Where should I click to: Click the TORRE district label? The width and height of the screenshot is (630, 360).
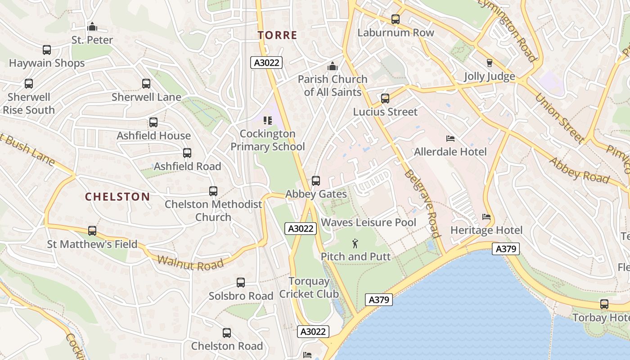click(x=277, y=35)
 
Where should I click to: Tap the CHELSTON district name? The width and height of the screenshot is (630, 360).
click(x=117, y=197)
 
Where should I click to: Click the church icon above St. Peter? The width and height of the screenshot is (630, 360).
click(x=92, y=27)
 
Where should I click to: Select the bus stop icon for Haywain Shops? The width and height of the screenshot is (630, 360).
click(x=47, y=50)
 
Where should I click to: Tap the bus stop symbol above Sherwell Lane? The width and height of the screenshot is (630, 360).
click(x=146, y=84)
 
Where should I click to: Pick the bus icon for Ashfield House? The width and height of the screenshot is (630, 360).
click(x=153, y=122)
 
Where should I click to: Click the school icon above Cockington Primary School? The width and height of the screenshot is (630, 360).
click(x=268, y=121)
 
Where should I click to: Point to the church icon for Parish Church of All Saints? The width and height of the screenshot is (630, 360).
click(x=333, y=66)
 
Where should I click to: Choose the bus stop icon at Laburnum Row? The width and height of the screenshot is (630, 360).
click(x=396, y=19)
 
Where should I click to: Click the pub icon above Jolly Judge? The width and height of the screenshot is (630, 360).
click(x=490, y=63)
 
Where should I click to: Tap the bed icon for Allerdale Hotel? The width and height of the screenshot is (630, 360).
click(x=450, y=139)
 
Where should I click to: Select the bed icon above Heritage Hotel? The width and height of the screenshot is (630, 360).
click(x=486, y=217)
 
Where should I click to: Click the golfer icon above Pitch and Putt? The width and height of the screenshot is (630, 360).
click(x=355, y=243)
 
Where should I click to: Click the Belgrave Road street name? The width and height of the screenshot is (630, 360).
click(x=422, y=203)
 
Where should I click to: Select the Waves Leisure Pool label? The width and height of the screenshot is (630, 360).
click(x=369, y=222)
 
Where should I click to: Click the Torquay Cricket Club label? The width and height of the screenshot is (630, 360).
click(x=309, y=288)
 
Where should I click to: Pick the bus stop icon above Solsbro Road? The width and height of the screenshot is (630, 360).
click(x=241, y=283)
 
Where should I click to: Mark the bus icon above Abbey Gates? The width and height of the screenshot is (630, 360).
click(x=316, y=181)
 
